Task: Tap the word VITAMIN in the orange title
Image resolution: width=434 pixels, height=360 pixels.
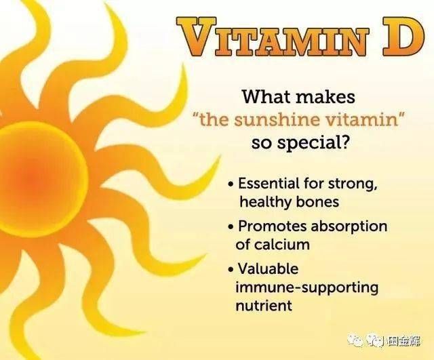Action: [273, 37]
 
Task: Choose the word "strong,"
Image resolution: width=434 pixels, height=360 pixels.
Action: [353, 184]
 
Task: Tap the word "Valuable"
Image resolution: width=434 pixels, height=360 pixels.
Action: [269, 268]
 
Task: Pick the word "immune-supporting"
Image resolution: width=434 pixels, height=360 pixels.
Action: [307, 288]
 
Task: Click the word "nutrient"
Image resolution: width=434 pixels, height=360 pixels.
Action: [264, 306]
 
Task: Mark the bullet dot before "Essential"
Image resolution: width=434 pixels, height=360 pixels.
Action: [231, 184]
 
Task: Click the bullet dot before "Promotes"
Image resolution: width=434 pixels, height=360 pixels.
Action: [231, 226]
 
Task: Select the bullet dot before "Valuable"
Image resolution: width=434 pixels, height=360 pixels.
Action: [231, 269]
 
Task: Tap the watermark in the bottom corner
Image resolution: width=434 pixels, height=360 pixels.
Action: [384, 340]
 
